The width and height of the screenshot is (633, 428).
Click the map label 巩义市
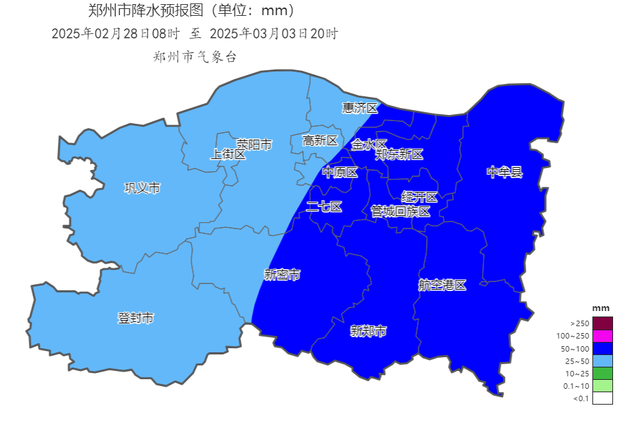[142, 188]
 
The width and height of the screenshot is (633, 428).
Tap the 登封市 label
[136, 318]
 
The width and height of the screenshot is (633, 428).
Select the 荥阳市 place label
[255, 145]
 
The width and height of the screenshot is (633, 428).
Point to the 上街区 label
[228, 155]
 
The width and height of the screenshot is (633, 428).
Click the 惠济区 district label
[361, 108]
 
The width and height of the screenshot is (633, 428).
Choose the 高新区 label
[321, 140]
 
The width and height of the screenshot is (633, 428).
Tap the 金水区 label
[369, 145]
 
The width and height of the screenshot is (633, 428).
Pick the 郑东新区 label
[399, 155]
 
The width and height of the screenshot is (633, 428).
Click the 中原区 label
[341, 173]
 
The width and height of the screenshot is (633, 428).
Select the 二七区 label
[324, 206]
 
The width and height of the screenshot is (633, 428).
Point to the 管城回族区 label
[400, 211]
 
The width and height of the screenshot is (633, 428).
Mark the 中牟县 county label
[505, 172]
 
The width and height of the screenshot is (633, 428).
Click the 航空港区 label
[442, 285]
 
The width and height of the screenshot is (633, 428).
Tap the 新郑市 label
[368, 331]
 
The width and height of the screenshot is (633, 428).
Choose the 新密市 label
[282, 275]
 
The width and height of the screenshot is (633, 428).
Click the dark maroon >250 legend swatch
[602, 323]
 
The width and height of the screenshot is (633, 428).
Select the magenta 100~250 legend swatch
[602, 336]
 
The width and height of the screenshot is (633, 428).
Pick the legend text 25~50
[577, 361]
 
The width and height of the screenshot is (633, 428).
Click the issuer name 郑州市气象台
[195, 57]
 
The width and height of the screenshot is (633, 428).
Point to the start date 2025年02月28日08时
[116, 34]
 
